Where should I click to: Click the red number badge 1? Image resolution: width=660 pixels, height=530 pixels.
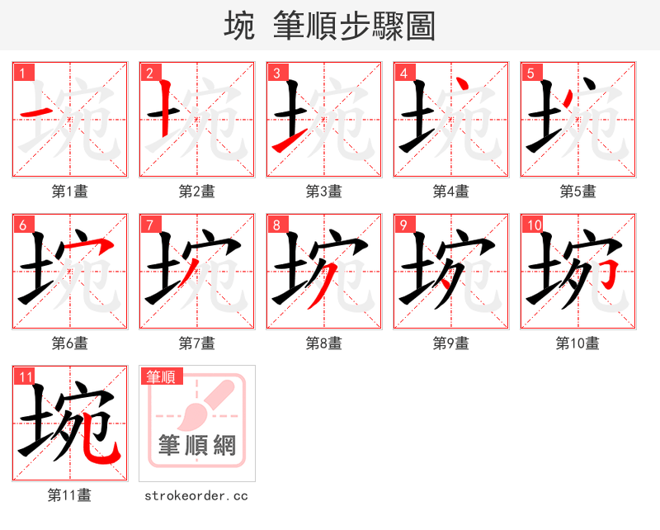(22, 72)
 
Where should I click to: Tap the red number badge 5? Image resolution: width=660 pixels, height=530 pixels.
(530, 72)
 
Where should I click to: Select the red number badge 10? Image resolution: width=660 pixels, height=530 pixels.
(533, 224)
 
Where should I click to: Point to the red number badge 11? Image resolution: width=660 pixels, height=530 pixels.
(25, 376)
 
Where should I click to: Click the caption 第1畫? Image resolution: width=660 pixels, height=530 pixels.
(69, 192)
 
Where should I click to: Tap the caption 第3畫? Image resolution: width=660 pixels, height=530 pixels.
(323, 192)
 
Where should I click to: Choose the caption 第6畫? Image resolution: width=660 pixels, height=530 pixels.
(69, 343)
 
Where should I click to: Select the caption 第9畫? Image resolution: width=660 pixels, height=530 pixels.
(450, 343)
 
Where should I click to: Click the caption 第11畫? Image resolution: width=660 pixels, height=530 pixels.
(69, 495)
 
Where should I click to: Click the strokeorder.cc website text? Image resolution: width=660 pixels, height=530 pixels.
(196, 496)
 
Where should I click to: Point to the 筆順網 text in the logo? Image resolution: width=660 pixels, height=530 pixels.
(197, 446)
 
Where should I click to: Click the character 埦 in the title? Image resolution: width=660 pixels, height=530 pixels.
(239, 26)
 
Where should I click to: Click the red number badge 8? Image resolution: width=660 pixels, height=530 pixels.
(276, 224)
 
